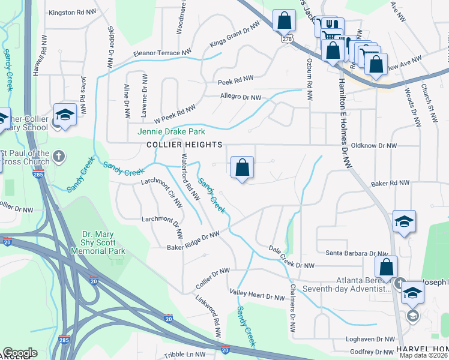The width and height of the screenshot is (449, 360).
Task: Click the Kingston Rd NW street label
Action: pyautogui.click(x=71, y=12)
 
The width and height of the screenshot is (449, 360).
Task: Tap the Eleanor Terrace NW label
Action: pyautogui.click(x=157, y=53)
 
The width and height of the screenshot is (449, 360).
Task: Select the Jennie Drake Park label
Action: pyautogui.click(x=171, y=131)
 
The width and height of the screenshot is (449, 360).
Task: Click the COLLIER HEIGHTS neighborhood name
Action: pyautogui.click(x=184, y=145)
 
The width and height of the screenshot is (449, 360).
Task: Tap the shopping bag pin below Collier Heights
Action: pyautogui.click(x=242, y=168)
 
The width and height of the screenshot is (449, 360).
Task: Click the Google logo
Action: pyautogui.click(x=20, y=353)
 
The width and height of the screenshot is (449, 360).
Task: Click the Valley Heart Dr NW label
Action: pyautogui.click(x=257, y=294)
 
